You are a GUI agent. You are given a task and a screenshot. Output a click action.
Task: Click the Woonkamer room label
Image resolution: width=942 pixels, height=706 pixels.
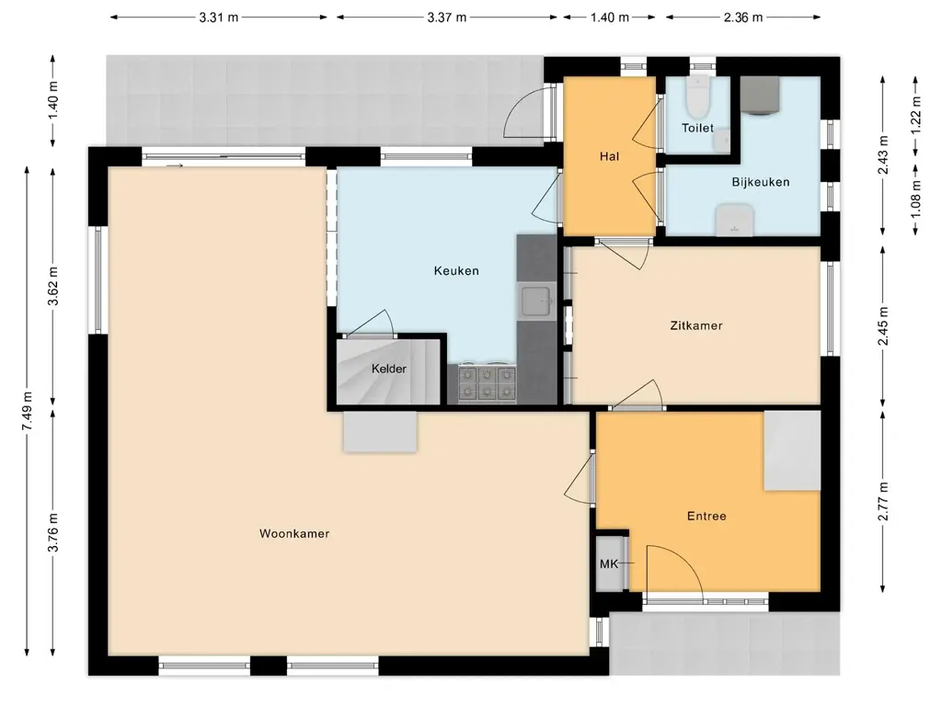pyautogui.click(x=294, y=534)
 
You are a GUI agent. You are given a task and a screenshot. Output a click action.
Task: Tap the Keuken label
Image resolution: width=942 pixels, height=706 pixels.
pyautogui.click(x=456, y=271)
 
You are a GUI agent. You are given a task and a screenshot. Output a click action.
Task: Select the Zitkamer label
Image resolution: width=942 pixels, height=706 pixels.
pyautogui.click(x=696, y=325)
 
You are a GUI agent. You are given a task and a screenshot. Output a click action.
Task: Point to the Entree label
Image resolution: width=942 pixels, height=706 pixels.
pyautogui.click(x=706, y=516)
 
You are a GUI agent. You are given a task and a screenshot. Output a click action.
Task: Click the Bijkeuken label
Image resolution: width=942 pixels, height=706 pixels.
pyautogui.click(x=761, y=182)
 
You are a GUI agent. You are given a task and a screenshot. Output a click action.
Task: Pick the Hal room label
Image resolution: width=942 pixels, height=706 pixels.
pyautogui.click(x=609, y=156)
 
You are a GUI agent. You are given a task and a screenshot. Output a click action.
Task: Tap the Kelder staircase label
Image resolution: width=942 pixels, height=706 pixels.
pyautogui.click(x=389, y=369)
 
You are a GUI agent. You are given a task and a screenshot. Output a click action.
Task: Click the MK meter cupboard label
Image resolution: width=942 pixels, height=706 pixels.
pyautogui.click(x=609, y=564)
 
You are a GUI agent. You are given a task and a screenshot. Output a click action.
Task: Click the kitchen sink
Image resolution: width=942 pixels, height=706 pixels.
pyautogui.click(x=536, y=301)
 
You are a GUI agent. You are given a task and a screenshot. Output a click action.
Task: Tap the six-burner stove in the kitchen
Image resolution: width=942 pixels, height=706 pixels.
pyautogui.click(x=488, y=383)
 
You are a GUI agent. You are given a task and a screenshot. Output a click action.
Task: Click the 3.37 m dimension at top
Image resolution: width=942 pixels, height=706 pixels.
pyautogui.click(x=446, y=17)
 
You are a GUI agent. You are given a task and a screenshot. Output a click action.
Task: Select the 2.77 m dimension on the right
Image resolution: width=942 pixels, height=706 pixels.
pyautogui.click(x=882, y=502)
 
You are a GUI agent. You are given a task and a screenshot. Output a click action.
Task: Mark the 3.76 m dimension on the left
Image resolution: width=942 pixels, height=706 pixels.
pyautogui.click(x=52, y=532)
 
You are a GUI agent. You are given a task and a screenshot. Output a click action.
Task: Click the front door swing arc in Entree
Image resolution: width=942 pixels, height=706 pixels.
pyautogui.click(x=683, y=561)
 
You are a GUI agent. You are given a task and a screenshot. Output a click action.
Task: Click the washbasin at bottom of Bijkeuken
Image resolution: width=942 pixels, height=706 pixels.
pyautogui.click(x=734, y=219)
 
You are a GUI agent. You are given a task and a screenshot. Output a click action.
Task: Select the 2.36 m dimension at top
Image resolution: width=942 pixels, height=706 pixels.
pyautogui.click(x=743, y=17)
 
